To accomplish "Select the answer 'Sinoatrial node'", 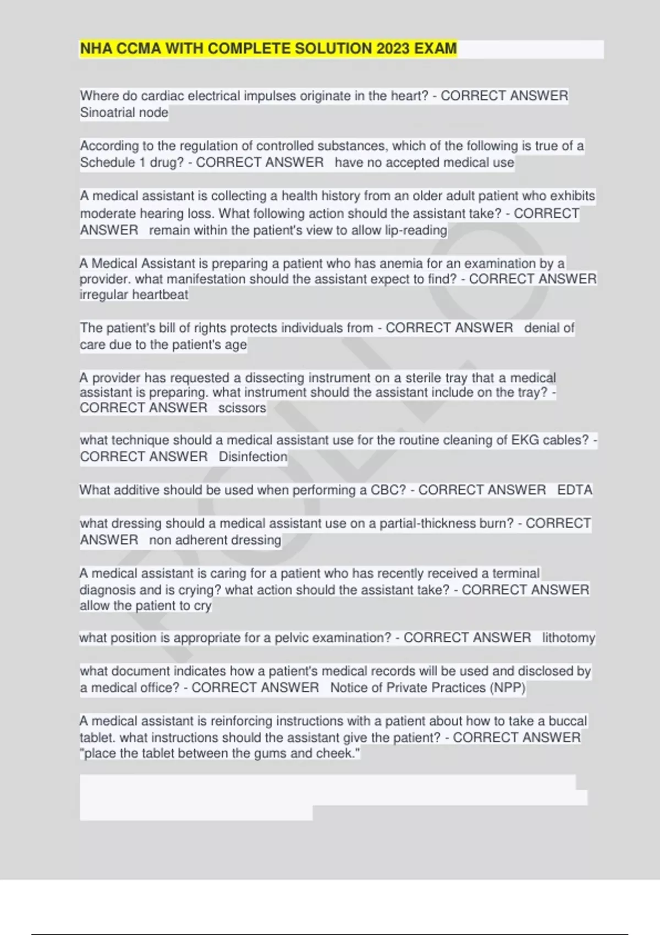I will pos(124,113).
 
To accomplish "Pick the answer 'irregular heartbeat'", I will pos(134,295).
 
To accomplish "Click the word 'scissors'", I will pos(242,408).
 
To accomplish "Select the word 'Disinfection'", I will pos(253,457).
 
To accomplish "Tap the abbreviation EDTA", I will pos(575,490).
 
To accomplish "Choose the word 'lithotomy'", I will pos(568,638).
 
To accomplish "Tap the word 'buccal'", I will pos(568,721).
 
